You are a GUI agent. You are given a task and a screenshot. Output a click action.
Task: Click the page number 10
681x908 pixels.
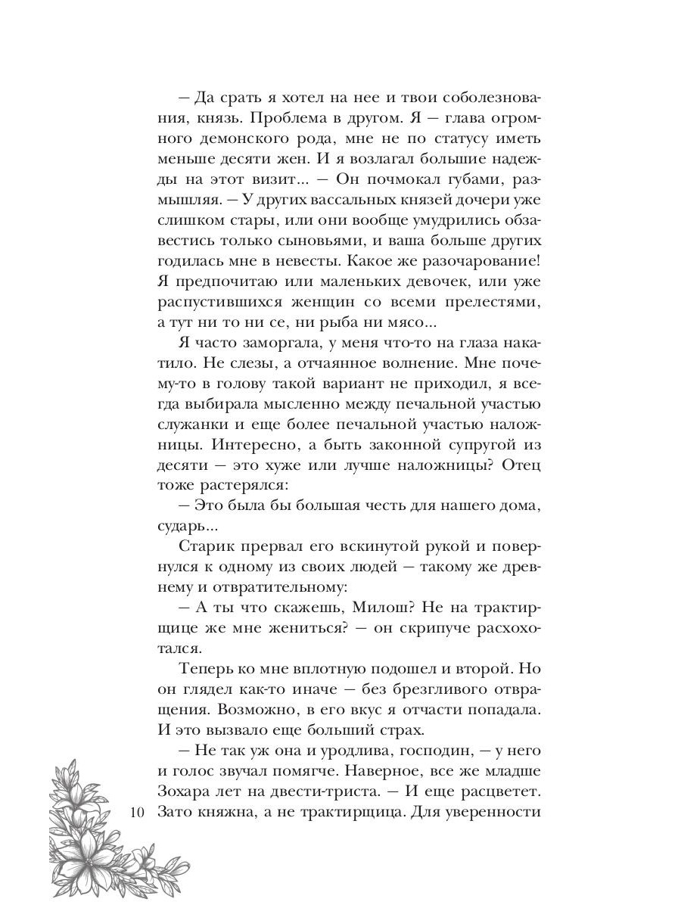click(137, 811)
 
